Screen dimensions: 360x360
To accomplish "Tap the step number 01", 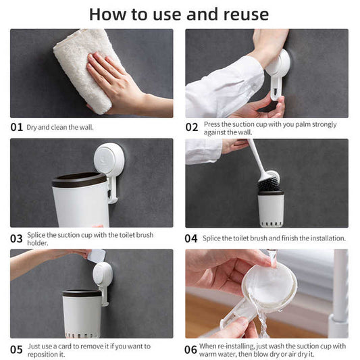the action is pos(16,127).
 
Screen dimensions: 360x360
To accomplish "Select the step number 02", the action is pos(191,127).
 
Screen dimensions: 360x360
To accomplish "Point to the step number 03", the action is pos(16,238).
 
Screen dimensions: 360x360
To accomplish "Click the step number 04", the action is pos(191,238).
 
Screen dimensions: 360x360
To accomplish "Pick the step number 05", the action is pos(16,350).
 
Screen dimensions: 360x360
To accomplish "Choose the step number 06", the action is pos(190,350).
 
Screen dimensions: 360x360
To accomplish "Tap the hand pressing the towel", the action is pos(115,82).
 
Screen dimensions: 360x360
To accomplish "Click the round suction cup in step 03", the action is pos(109,159).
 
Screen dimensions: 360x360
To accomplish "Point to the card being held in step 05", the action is pos(97,256).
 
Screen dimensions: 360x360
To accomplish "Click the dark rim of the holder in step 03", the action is pos(79,180).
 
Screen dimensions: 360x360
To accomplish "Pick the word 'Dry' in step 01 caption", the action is pos(32,128).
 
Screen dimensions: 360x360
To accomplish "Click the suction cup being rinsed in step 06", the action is pos(269,287).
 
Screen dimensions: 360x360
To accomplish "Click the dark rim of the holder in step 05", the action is pos(82,293).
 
